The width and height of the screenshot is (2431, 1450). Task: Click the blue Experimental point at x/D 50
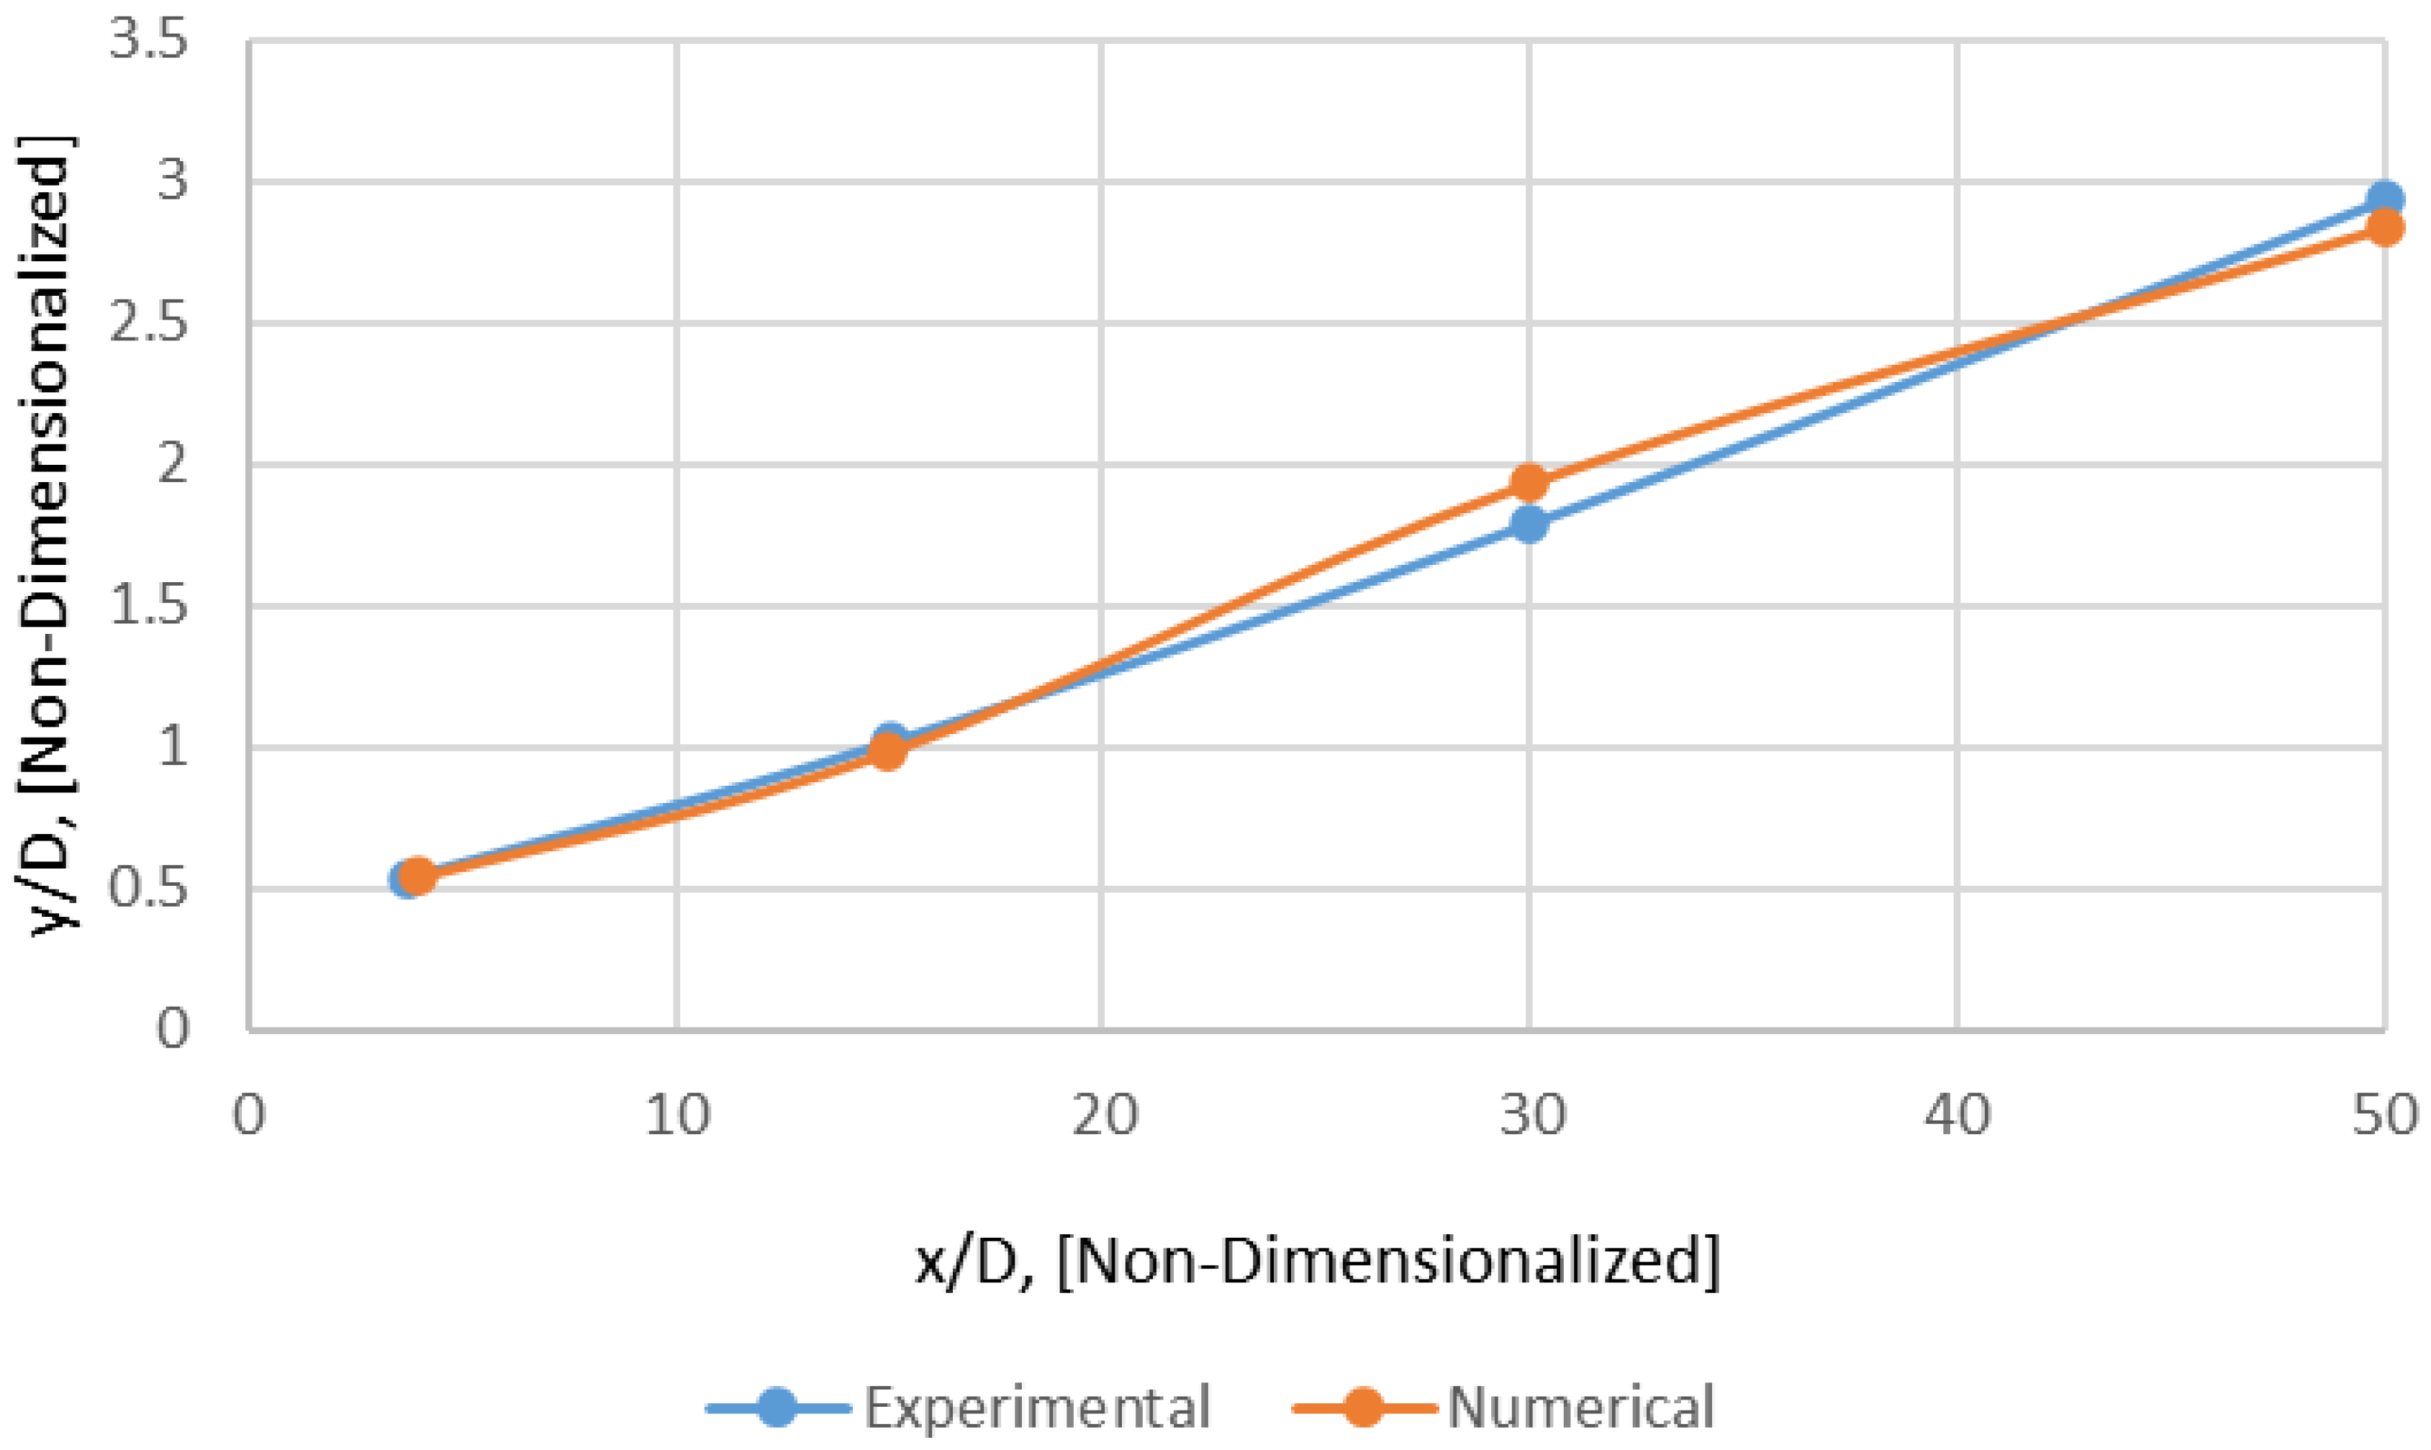point(2384,199)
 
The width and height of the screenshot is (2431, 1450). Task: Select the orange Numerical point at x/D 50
point(2384,227)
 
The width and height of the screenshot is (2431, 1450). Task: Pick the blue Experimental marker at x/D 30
point(1528,525)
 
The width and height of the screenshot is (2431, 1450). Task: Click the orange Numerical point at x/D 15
point(887,751)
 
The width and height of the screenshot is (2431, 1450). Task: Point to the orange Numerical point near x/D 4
point(417,876)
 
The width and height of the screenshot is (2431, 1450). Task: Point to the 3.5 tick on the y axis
point(148,41)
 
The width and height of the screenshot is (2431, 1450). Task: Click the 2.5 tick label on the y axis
point(148,323)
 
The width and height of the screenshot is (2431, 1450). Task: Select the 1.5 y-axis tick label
point(148,607)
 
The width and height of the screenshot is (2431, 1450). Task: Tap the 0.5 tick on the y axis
point(148,890)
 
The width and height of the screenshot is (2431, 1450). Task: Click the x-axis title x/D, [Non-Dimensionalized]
point(1316,1262)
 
